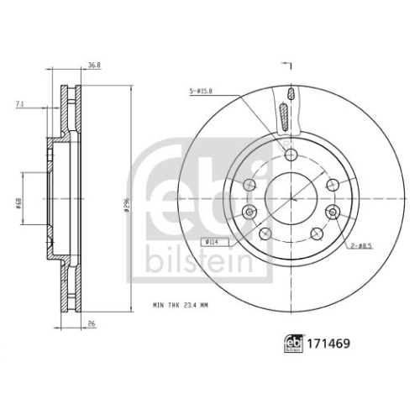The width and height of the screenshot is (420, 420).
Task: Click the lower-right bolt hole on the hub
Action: pyautogui.click(x=318, y=233)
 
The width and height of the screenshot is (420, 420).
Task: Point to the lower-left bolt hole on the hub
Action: pyautogui.click(x=265, y=233)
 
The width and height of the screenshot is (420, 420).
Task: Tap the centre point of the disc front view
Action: pyautogui.click(x=291, y=198)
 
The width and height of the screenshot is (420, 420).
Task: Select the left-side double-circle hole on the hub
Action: pyautogui.click(x=249, y=212)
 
